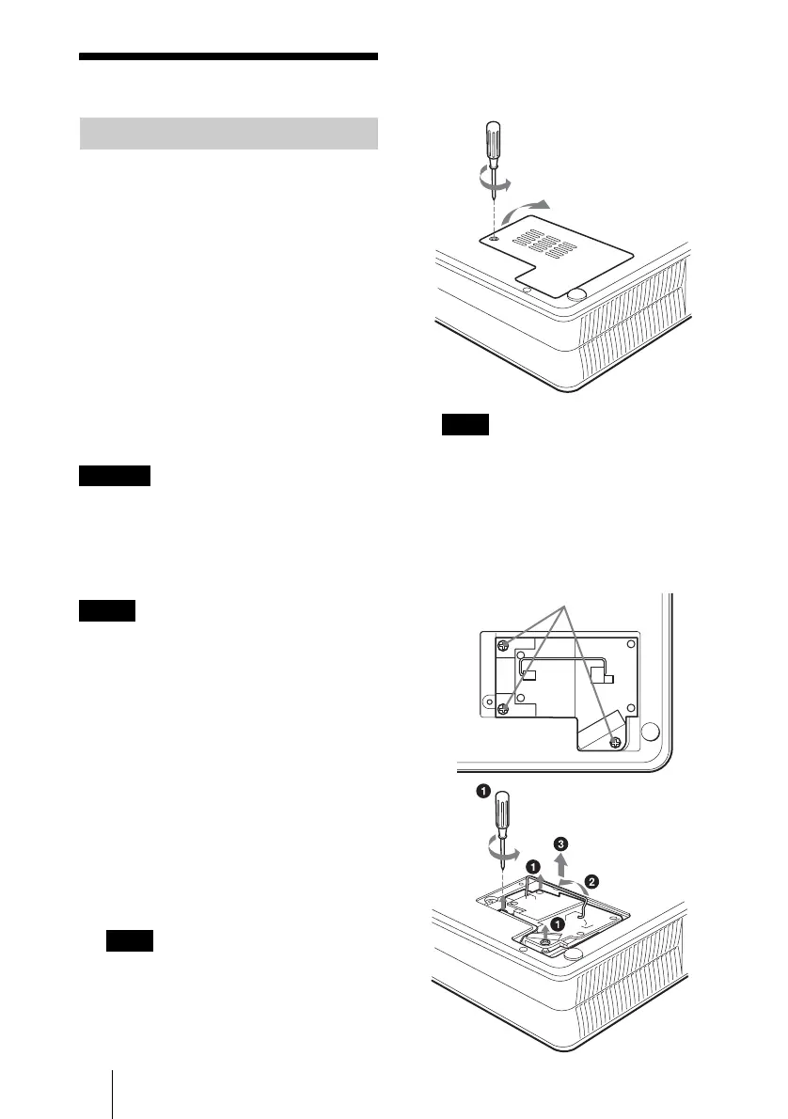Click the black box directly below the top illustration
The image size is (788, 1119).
click(x=465, y=425)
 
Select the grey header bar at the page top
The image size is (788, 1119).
click(x=229, y=134)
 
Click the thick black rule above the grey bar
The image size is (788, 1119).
click(x=229, y=56)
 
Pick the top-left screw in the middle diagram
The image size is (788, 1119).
click(x=504, y=645)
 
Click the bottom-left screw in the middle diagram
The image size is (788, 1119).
click(x=504, y=708)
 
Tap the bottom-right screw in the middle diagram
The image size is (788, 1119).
click(x=615, y=742)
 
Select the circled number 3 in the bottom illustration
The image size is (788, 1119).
click(x=561, y=843)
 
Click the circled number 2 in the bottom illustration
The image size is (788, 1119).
click(x=591, y=881)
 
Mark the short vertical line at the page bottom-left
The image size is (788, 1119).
click(x=112, y=1091)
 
